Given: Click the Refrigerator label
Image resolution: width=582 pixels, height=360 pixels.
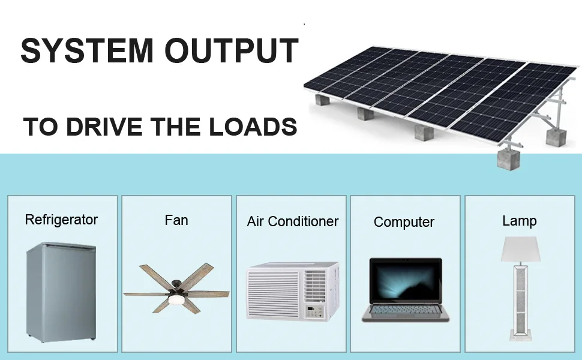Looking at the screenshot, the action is click(61, 220).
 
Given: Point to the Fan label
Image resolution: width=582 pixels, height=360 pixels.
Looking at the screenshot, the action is click(176, 220).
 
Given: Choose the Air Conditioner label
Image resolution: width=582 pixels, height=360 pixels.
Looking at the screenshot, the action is click(292, 221).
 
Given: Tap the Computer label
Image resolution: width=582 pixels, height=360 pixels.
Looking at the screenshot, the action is click(404, 222).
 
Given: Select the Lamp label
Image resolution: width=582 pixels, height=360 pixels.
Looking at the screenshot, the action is click(519, 221).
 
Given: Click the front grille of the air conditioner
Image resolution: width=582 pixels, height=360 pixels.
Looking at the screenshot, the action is click(274, 294).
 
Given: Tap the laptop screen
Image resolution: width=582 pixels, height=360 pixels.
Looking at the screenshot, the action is click(405, 281).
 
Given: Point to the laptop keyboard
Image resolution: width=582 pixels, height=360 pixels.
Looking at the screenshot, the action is click(405, 310).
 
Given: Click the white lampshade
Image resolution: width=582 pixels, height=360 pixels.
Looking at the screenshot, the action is click(520, 248).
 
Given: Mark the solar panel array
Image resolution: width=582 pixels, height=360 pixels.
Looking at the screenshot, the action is click(444, 90).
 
